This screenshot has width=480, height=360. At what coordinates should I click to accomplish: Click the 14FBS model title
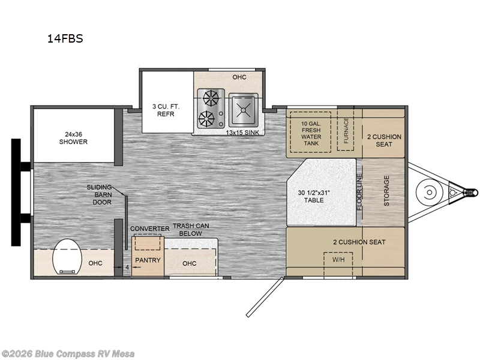pyautogui.click(x=65, y=38)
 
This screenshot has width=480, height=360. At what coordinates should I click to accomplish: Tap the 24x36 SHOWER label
pyautogui.click(x=73, y=138)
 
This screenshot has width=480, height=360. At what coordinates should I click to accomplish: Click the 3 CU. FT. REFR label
pyautogui.click(x=166, y=110)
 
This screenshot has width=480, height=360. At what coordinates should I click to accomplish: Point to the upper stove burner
pyautogui.click(x=211, y=99)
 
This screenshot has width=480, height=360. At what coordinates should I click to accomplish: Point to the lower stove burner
pyautogui.click(x=206, y=119)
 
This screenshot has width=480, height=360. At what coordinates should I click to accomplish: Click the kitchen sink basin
pyautogui.click(x=244, y=110)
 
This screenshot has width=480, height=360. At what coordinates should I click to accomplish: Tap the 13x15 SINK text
pyautogui.click(x=242, y=133)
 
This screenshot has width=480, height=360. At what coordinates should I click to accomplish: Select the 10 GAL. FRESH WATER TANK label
pyautogui.click(x=311, y=133)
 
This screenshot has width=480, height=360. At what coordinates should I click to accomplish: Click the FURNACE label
pyautogui.click(x=346, y=130)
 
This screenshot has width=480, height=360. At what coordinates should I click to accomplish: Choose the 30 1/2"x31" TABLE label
pyautogui.click(x=314, y=197)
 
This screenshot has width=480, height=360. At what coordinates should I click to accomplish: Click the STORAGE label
pyautogui.click(x=386, y=191)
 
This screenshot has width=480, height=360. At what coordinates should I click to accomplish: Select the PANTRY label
pyautogui.click(x=148, y=260)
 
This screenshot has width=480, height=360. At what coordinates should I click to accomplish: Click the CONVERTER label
pyautogui.click(x=149, y=229)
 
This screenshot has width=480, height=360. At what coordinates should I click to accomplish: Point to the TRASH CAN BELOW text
pyautogui.click(x=191, y=230)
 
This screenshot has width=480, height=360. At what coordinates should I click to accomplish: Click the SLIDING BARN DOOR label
pyautogui.click(x=99, y=194)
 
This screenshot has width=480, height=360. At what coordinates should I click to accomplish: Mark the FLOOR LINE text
pyautogui.click(x=359, y=192)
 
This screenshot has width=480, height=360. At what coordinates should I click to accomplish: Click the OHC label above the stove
pyautogui.click(x=239, y=77)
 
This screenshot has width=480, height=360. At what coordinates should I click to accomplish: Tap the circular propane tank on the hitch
pyautogui.click(x=430, y=192)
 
